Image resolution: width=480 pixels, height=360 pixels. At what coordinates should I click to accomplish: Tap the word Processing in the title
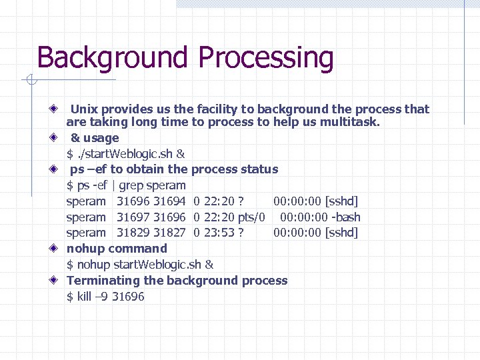[266, 59]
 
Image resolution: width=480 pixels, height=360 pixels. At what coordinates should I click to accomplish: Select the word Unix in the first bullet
[83, 109]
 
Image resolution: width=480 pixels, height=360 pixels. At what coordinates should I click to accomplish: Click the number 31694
[169, 201]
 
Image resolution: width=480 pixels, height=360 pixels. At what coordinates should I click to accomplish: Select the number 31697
[133, 217]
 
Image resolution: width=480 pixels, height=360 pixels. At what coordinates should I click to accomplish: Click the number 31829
[133, 233]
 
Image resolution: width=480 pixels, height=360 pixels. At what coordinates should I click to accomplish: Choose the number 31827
[169, 233]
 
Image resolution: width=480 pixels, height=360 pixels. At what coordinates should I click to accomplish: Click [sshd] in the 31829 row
[341, 233]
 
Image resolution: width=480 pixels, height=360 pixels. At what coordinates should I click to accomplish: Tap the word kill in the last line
[84, 297]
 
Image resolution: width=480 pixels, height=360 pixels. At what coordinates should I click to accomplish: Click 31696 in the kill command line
[128, 297]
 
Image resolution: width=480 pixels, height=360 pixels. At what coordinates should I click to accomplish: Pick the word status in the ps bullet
[260, 169]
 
